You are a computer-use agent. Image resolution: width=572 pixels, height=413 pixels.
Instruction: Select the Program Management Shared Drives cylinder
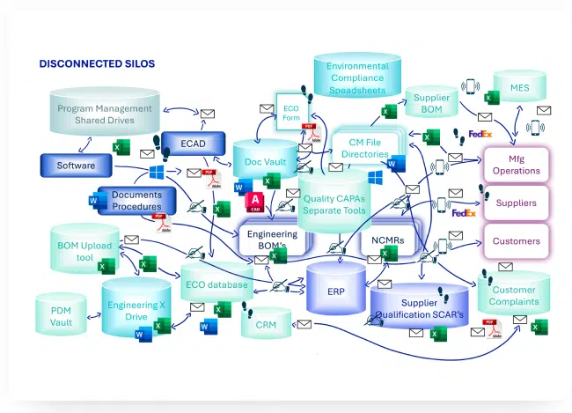click(105, 114)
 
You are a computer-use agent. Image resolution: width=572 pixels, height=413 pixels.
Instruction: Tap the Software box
click(77, 165)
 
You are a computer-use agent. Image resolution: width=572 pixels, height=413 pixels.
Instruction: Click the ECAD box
click(194, 144)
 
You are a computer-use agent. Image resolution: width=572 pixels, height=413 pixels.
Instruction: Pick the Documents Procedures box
click(136, 200)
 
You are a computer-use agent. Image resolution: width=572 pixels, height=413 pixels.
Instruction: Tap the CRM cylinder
click(266, 325)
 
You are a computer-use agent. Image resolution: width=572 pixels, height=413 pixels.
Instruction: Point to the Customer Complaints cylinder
click(513, 295)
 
